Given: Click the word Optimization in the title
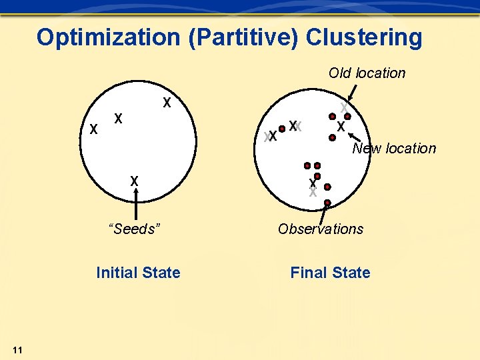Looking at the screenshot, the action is point(108,37).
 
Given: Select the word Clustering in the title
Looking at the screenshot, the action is point(364,37).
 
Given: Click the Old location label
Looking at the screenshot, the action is point(367,73).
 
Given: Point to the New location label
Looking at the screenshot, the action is point(394,148).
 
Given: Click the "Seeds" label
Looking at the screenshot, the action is point(135,229).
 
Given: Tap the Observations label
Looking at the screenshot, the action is point(321,229).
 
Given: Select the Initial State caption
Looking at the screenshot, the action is point(138,273).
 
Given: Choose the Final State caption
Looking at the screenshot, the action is point(330,273).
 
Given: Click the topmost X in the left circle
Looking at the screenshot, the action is point(167,103).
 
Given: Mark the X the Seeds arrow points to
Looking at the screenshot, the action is point(135,181).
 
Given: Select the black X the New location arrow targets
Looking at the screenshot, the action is point(341,126).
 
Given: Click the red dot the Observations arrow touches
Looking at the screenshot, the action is point(327,203).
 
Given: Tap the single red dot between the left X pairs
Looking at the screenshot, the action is point(283,129).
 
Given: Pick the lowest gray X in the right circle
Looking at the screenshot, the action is point(313,193).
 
